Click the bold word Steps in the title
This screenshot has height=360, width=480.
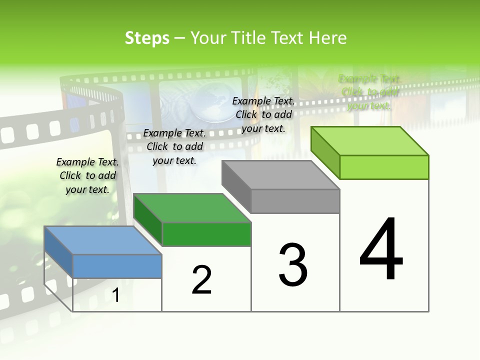pos(147,38)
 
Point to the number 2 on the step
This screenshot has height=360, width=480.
pos(202,280)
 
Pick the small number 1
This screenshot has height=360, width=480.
pos(116,295)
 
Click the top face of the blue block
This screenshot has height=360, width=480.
pos(102,240)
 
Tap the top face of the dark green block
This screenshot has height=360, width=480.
pos(192,208)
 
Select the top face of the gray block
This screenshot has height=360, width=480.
pos(280,175)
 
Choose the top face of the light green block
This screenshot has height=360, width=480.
pos(369,141)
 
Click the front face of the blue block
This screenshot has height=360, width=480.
pos(117,266)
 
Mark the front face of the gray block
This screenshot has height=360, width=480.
pos(295,201)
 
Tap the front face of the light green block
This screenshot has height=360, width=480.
pos(384,167)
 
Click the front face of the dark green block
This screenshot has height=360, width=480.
pos(206,234)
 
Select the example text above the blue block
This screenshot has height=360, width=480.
pos(87,175)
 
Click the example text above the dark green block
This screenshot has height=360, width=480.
pos(174,146)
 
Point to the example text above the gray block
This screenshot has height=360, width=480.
pos(263,114)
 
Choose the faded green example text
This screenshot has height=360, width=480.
pos(369,92)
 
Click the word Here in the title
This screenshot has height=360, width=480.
pos(327,38)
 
